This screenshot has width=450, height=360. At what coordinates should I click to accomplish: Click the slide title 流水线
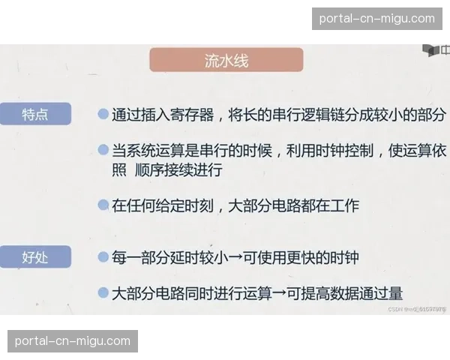pyautogui.click(x=226, y=61)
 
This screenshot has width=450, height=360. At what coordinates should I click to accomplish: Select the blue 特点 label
pyautogui.click(x=35, y=114)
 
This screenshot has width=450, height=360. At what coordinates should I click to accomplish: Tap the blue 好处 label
pyautogui.click(x=35, y=257)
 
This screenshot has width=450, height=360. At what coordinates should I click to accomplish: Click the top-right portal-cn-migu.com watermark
pyautogui.click(x=377, y=19)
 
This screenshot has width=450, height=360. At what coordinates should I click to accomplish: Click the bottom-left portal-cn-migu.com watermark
pyautogui.click(x=72, y=341)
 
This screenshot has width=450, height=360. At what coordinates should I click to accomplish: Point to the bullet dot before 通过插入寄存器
pyautogui.click(x=103, y=115)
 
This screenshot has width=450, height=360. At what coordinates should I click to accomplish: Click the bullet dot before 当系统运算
pyautogui.click(x=103, y=150)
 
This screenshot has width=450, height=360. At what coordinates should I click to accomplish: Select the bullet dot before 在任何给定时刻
pyautogui.click(x=103, y=204)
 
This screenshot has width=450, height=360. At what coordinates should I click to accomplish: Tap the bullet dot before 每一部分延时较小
pyautogui.click(x=103, y=257)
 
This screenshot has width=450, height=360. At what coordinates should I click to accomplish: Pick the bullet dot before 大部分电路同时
pyautogui.click(x=103, y=292)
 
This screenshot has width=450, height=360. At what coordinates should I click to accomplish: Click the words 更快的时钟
pyautogui.click(x=325, y=258)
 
